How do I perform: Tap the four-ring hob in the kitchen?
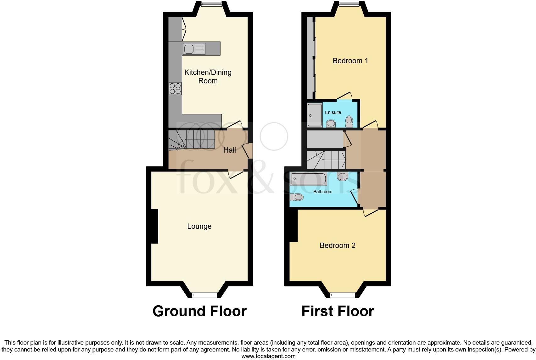click(175, 88)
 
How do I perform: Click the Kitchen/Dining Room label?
click(208, 76)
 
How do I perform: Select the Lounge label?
click(199, 226)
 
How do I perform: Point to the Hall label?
click(230, 150)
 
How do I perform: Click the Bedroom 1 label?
click(350, 61)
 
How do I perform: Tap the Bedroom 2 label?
click(337, 245)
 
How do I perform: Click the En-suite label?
click(333, 112)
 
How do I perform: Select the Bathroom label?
click(323, 192)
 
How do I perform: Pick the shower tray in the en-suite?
click(315, 115)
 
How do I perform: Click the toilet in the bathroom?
click(297, 197)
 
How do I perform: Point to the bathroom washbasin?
click(342, 176)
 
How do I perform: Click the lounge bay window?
click(204, 295)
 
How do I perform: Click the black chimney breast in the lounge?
click(154, 226)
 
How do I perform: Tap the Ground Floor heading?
click(199, 311)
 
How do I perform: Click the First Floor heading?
click(338, 311)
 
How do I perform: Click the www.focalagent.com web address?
click(268, 356)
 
